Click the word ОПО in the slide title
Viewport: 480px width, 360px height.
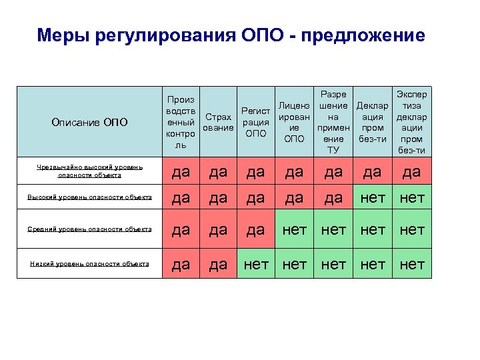261,35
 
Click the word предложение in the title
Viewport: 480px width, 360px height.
363,35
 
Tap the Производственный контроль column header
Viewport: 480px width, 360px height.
181,122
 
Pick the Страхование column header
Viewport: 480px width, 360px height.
219,123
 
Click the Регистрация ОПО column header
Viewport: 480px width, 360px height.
256,123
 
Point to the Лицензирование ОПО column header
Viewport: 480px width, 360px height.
294,123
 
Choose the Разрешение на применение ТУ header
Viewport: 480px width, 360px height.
333,123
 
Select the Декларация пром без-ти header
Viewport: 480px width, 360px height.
373,123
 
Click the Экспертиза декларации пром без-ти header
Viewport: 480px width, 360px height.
411,123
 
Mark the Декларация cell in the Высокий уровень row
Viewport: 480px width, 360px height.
373,197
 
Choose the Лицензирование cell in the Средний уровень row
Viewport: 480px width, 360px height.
294,230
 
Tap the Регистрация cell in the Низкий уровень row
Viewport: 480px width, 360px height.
256,264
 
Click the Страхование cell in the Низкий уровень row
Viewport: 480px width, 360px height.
219,264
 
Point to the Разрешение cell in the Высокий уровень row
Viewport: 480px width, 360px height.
333,197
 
